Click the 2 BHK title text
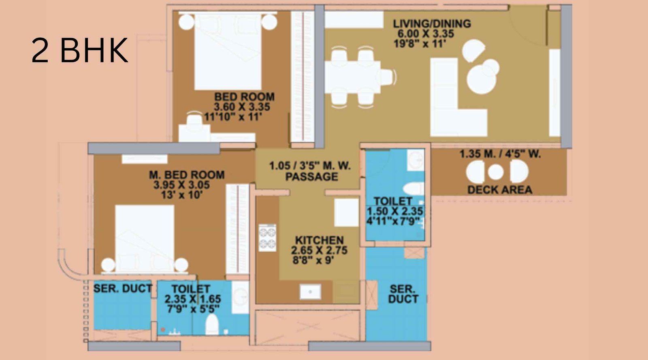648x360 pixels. [80, 50]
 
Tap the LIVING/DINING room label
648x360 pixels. [432, 23]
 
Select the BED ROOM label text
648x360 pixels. [244, 97]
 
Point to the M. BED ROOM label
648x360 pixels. [187, 175]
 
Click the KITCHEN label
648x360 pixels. [319, 240]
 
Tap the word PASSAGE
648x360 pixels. [311, 177]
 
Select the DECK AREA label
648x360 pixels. [499, 190]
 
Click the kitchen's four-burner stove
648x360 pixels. [267, 237]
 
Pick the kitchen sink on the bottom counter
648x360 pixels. [310, 291]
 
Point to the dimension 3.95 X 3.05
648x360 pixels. [182, 185]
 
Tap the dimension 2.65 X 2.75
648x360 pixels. [319, 250]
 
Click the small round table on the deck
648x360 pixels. [495, 172]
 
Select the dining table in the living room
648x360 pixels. [352, 77]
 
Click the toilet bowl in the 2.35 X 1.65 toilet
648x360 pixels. [212, 324]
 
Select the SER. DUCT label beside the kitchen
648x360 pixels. [402, 294]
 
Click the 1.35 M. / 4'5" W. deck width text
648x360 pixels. [500, 154]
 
